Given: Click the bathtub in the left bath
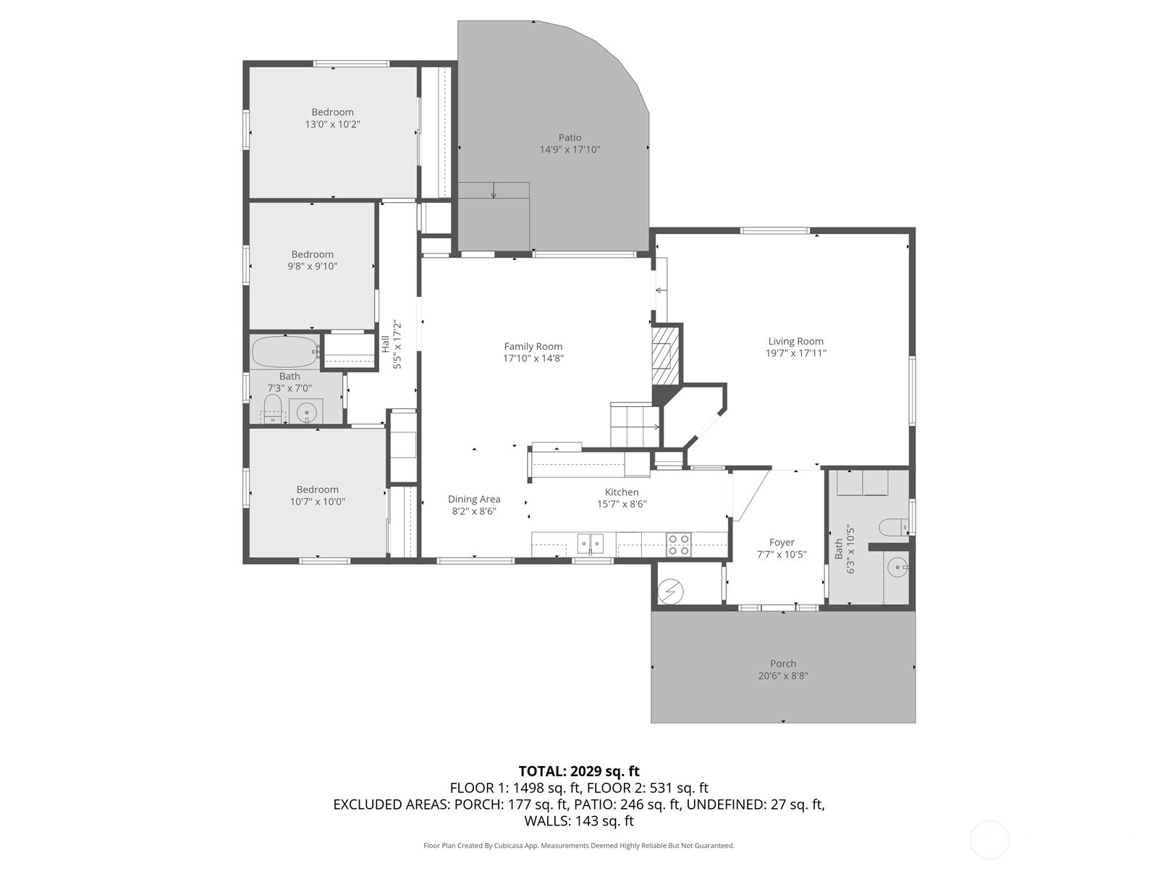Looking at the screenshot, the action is (x=285, y=352).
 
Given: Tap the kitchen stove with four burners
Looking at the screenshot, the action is (x=678, y=545).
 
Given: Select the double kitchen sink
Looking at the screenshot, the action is (x=591, y=543).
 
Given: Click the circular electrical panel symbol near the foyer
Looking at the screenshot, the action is (x=670, y=592).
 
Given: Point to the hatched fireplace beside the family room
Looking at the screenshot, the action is (x=664, y=356).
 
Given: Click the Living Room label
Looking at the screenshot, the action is (x=795, y=341).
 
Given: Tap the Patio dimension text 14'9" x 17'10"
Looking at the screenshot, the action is (x=570, y=149).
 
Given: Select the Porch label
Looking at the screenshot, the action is (x=783, y=664).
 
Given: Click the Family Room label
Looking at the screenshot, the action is (x=533, y=346).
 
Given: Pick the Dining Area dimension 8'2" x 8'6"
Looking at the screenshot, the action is (x=474, y=511).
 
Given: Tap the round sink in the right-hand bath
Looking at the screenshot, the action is (x=897, y=568).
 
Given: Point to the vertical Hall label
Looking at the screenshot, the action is (x=385, y=345).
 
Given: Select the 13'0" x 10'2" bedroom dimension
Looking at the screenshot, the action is (x=332, y=125).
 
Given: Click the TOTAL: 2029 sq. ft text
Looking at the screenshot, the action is (x=579, y=771).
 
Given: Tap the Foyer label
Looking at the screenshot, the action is (x=782, y=542).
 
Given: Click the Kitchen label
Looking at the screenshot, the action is (x=622, y=492).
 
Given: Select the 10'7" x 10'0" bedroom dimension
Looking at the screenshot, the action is (x=317, y=502).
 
